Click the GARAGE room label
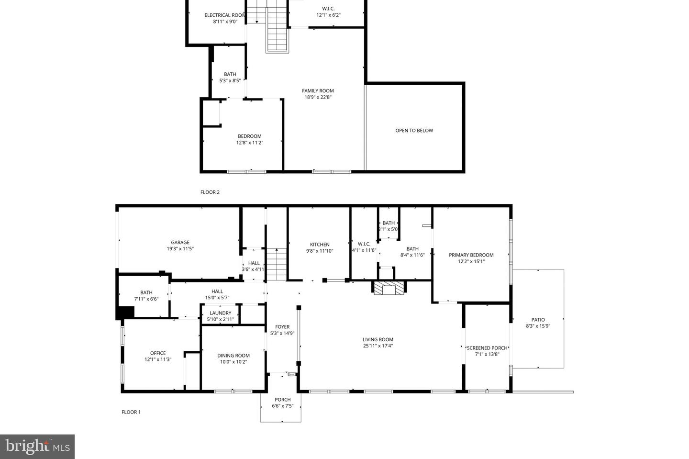click(180, 242)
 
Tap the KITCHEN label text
click(320, 245)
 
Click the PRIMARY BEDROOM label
click(471, 255)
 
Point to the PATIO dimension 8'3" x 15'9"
click(538, 326)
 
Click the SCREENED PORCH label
click(487, 348)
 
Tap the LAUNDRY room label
click(220, 313)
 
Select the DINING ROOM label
click(233, 356)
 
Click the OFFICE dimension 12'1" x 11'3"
click(158, 359)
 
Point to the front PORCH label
click(282, 400)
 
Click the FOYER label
click(282, 327)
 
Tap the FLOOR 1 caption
click(131, 412)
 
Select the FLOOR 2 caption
click(210, 192)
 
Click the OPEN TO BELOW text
click(414, 131)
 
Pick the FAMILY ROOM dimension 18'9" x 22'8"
click(318, 97)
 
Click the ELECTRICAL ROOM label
click(225, 15)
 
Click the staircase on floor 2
click(278, 31)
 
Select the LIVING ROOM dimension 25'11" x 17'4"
click(378, 346)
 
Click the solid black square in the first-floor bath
click(126, 313)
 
